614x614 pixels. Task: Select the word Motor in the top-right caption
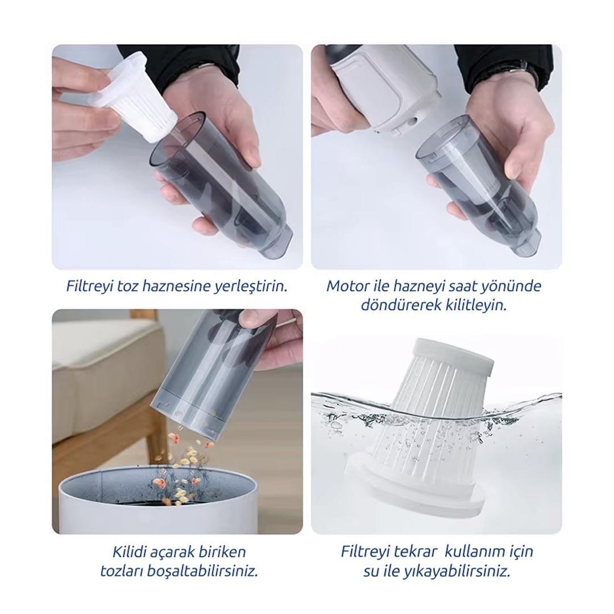click(x=343, y=286)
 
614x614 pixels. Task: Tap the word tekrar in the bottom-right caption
click(x=416, y=551)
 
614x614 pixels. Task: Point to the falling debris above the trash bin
click(x=184, y=466)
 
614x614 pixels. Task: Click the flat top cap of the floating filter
click(x=454, y=353)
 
